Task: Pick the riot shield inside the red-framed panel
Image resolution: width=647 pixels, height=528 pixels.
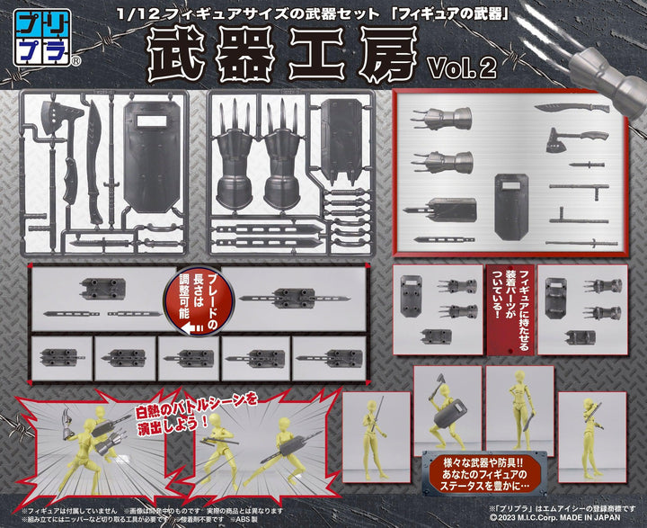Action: [508, 204]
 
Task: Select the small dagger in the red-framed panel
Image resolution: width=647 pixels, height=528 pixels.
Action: [566, 166]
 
